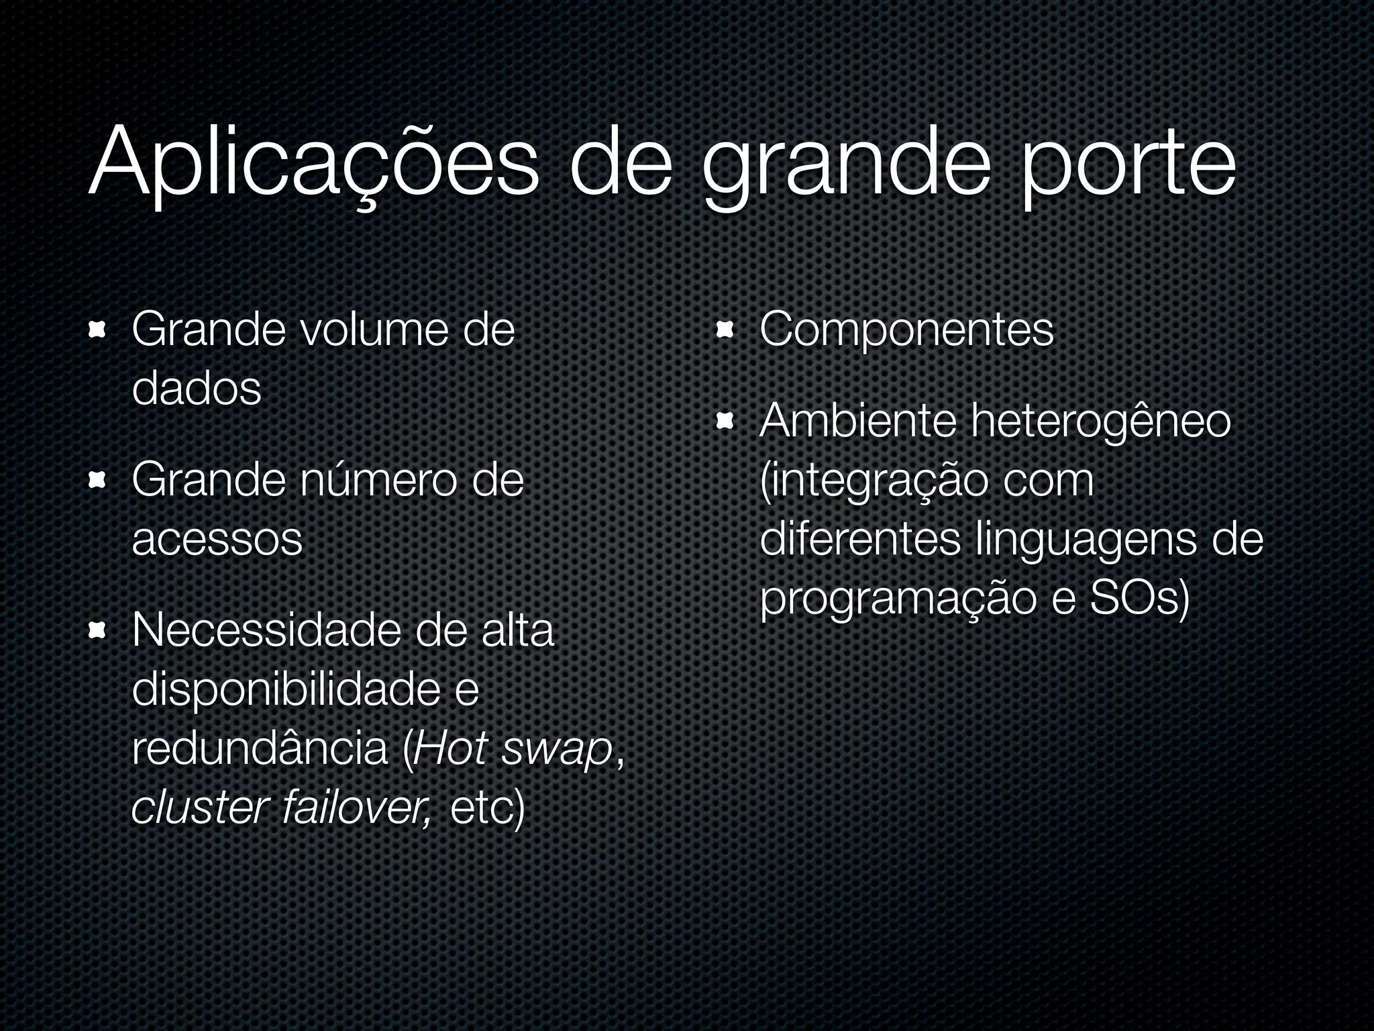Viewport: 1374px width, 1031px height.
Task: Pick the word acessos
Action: coord(217,539)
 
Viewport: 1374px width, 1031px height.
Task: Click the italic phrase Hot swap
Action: coord(514,748)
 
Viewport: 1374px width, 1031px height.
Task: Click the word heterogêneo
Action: coord(1101,421)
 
